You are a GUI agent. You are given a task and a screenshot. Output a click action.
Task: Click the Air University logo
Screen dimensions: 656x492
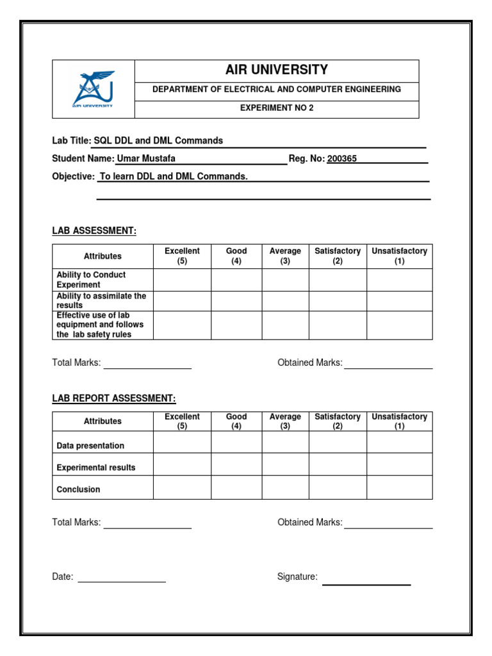tap(94, 89)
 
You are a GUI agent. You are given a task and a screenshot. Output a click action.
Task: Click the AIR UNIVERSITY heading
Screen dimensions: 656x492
tap(277, 70)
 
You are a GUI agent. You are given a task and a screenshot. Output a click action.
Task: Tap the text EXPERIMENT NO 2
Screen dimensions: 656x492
tap(277, 108)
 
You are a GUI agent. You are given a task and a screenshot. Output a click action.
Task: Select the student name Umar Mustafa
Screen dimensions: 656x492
tap(145, 159)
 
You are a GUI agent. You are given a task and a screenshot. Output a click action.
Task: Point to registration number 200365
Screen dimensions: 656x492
tap(342, 159)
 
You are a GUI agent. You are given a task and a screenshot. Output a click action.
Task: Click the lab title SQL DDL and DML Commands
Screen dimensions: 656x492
tap(159, 141)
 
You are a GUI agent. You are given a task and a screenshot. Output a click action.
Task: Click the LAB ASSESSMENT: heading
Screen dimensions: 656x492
tap(94, 231)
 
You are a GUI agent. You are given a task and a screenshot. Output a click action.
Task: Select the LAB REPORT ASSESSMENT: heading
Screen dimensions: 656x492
tap(113, 398)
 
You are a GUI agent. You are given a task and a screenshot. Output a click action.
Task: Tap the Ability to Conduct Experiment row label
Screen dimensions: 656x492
tap(91, 280)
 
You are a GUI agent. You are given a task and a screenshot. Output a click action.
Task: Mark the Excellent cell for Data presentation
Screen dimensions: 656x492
tap(182, 443)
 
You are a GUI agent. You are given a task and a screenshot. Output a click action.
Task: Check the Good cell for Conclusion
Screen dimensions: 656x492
tap(236, 488)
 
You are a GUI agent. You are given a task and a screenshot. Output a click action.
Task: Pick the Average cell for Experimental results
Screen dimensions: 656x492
tap(285, 464)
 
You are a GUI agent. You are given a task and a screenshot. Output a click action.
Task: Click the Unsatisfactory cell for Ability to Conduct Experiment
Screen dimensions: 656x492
tap(399, 280)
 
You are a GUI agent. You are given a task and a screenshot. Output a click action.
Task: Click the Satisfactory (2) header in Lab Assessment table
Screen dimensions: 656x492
tap(338, 256)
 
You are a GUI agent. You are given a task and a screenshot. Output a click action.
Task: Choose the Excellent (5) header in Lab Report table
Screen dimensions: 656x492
tap(182, 422)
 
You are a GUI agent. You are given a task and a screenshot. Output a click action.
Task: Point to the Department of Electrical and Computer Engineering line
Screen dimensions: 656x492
tap(277, 90)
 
